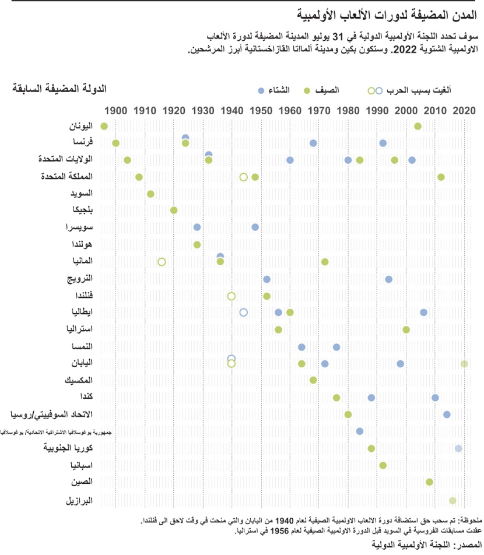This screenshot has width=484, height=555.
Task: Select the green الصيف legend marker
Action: click(307, 90)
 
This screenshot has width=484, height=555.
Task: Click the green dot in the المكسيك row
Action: click(313, 380)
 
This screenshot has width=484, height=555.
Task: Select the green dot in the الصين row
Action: click(429, 482)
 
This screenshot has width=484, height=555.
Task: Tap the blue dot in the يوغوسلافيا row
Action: click(360, 431)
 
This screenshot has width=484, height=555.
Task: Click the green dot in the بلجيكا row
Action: click(174, 210)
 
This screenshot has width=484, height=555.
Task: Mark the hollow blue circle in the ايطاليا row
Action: click(244, 312)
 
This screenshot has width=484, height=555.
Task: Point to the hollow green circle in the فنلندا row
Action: click(232, 296)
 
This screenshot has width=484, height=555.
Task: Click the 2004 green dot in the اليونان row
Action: click(418, 126)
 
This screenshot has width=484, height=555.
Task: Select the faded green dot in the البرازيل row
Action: click(453, 500)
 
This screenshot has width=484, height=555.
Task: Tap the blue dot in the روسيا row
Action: click(447, 415)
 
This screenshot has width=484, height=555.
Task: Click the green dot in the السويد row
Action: click(150, 194)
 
